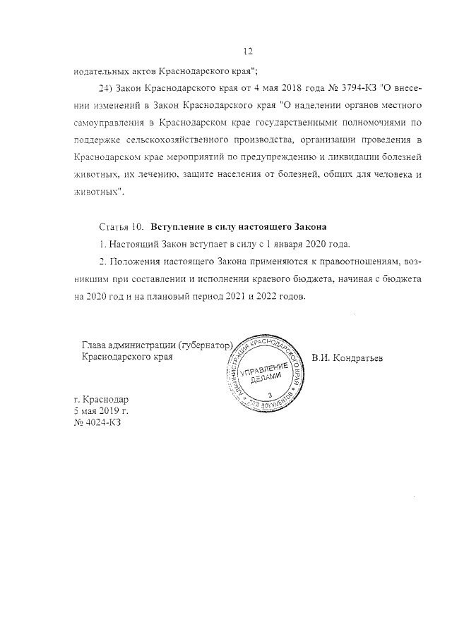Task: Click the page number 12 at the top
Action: point(247,51)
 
